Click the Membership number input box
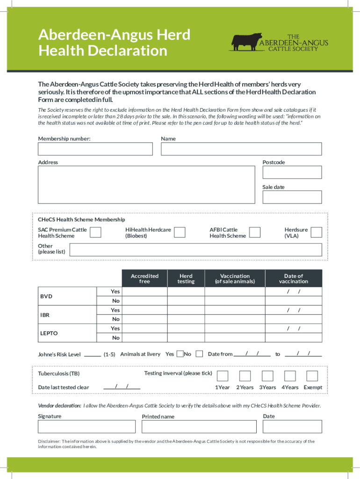tap(95, 149)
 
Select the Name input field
tap(241, 149)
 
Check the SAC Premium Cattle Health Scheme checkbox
tap(95, 232)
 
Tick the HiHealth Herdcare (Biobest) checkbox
tap(180, 232)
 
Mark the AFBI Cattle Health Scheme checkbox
tap(255, 232)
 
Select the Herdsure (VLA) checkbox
tap(317, 232)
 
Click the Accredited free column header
tap(144, 278)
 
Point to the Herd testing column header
tap(186, 278)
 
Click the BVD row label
tap(46, 297)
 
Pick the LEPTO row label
tap(49, 333)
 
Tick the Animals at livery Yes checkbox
tap(180, 354)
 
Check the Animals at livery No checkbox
tap(199, 354)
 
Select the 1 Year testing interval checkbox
tap(223, 376)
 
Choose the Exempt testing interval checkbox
tap(312, 376)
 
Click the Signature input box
tap(86, 427)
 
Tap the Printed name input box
tap(199, 427)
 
